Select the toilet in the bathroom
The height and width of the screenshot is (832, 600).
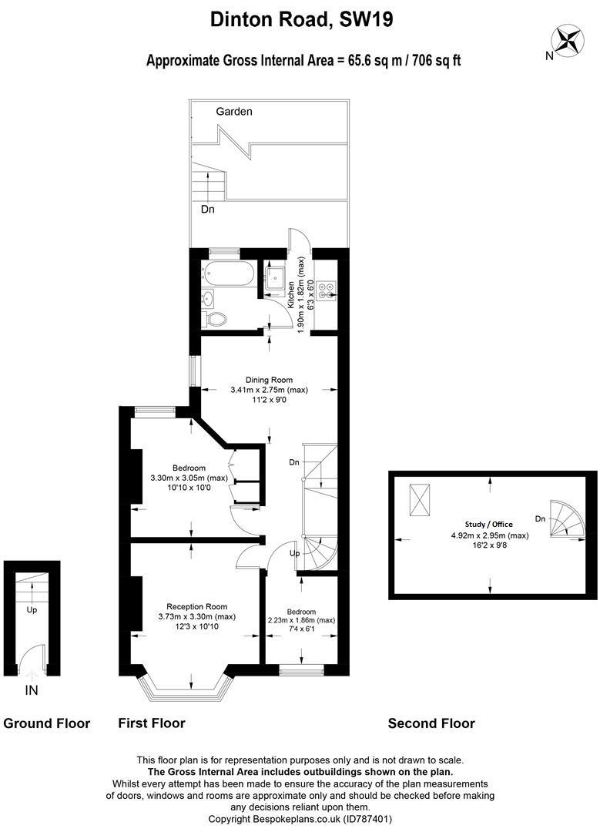(x=214, y=318)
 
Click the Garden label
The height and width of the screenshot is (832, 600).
(x=234, y=112)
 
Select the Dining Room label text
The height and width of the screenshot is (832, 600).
(x=269, y=380)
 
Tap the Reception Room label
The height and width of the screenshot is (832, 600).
(x=197, y=606)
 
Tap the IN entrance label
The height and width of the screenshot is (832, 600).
(x=32, y=690)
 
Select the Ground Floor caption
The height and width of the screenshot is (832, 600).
(x=47, y=723)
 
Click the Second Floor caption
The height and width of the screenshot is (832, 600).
(x=431, y=723)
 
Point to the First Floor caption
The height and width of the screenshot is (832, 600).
(x=152, y=723)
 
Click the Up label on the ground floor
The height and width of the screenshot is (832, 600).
(x=32, y=610)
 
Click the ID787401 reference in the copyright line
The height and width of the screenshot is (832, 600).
(x=368, y=819)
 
